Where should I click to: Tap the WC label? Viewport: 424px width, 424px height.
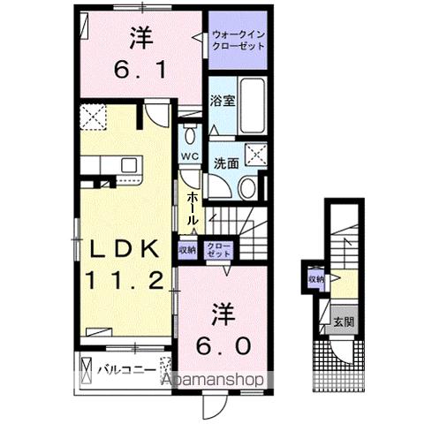click(x=189, y=156)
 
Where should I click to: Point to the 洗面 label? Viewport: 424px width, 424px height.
click(x=225, y=163)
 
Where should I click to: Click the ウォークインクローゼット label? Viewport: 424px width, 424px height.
click(x=238, y=42)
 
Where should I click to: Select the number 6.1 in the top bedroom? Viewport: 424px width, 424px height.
click(x=140, y=67)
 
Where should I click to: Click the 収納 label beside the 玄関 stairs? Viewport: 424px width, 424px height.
click(x=317, y=279)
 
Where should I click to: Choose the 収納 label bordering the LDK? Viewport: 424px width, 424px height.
click(x=187, y=249)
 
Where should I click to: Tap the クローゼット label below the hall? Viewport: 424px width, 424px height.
click(x=216, y=249)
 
